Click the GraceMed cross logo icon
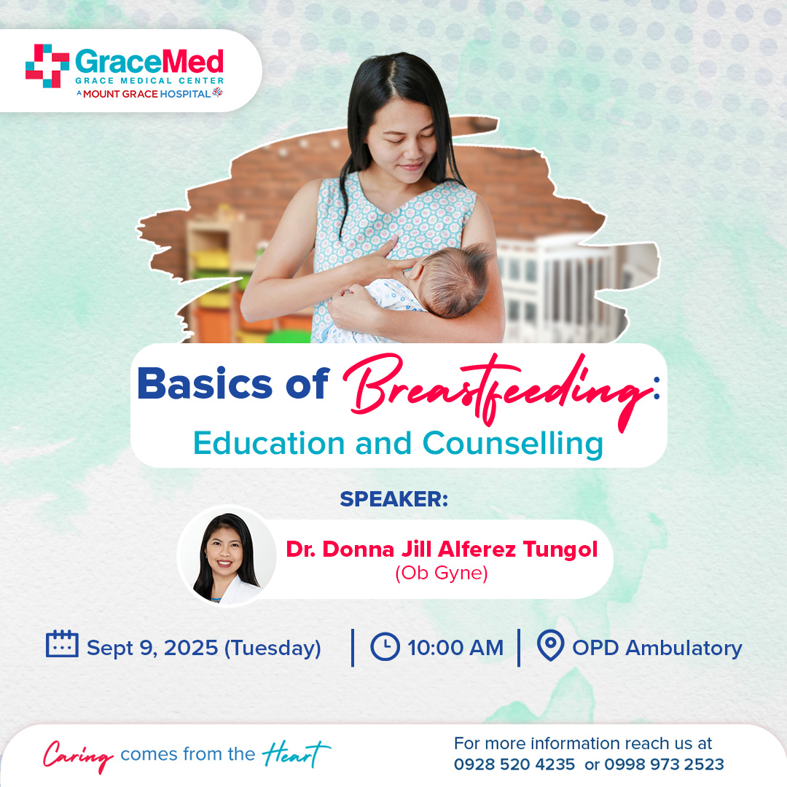point(47,66)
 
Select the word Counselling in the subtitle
point(512,444)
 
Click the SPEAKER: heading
point(394,499)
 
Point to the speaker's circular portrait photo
point(227,555)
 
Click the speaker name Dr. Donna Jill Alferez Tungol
point(442,549)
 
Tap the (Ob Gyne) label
point(442,573)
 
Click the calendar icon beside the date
point(62,643)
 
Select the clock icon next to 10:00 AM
point(385,646)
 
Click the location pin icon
point(551,645)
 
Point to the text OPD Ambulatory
point(657,648)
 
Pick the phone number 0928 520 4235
point(514,764)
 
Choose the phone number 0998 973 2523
point(664,764)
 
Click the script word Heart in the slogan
point(296,754)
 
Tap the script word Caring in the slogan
point(78,756)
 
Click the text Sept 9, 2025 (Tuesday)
point(204,648)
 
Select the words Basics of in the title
point(233,384)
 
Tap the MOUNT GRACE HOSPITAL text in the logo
point(146,94)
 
